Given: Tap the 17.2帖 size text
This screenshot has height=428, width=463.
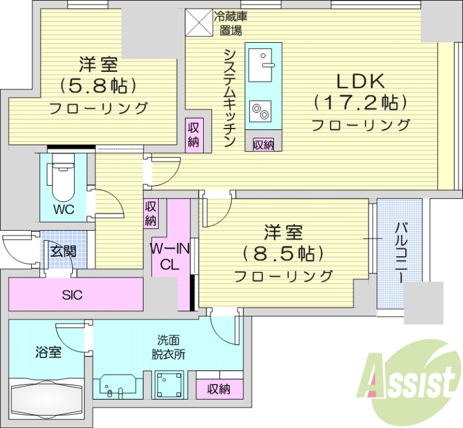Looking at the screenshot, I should coord(361,104).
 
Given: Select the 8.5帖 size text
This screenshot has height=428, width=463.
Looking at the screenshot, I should coord(283,253).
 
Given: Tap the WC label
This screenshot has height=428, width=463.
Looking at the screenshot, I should coord(64,210).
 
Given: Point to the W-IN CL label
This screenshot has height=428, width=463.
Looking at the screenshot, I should coord(171,257).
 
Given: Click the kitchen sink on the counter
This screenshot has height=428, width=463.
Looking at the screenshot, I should coord(263,63).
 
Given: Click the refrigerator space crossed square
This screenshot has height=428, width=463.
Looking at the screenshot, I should coord(199,23).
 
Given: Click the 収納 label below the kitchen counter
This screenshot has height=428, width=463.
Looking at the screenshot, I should coord(263,145).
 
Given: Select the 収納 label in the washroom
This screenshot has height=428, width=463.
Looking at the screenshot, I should coord(219,390).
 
